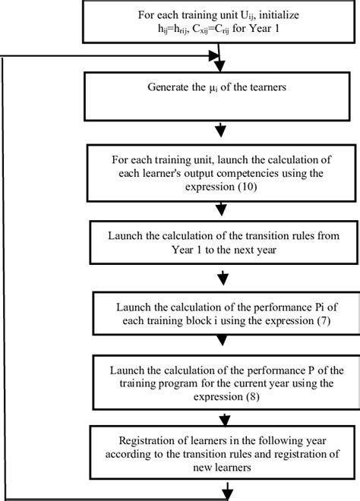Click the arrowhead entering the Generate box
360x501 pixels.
tap(221, 68)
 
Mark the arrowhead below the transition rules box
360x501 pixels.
tap(223, 277)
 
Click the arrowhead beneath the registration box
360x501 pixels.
tap(223, 494)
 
